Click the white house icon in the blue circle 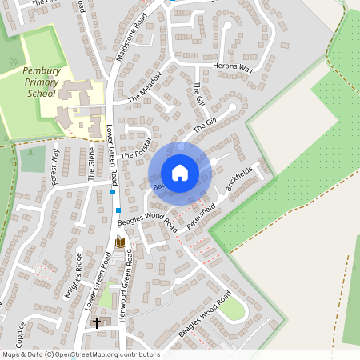[180, 172]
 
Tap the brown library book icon [120, 242]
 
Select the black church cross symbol [97, 322]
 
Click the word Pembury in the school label [42, 70]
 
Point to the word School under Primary [41, 93]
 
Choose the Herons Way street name [233, 70]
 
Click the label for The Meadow [146, 86]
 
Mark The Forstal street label [136, 145]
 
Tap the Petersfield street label [202, 216]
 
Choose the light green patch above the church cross [106, 298]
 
